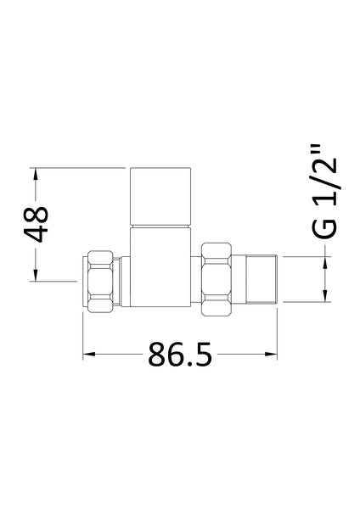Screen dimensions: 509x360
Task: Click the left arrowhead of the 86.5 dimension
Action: (88, 353)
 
